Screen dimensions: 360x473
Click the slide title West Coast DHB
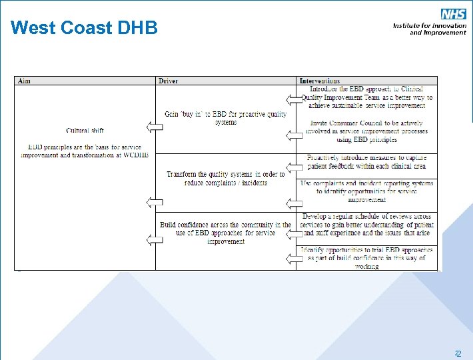point(84,28)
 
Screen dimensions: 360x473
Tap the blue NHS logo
point(453,14)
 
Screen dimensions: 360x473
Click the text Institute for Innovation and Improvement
point(429,29)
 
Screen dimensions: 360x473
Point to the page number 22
point(458,354)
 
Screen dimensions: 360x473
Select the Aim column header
point(24,81)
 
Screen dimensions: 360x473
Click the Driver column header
point(168,81)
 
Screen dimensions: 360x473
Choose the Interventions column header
point(319,81)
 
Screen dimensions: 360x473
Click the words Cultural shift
point(85,130)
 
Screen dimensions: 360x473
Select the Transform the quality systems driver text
point(225,178)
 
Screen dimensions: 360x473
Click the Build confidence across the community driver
point(225,233)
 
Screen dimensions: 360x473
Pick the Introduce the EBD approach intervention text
point(366,97)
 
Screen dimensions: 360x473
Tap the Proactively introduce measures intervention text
point(366,162)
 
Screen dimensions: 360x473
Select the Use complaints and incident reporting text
point(366,191)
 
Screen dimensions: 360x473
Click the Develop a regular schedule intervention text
point(366,225)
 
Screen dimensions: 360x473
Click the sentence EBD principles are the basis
point(85,151)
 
